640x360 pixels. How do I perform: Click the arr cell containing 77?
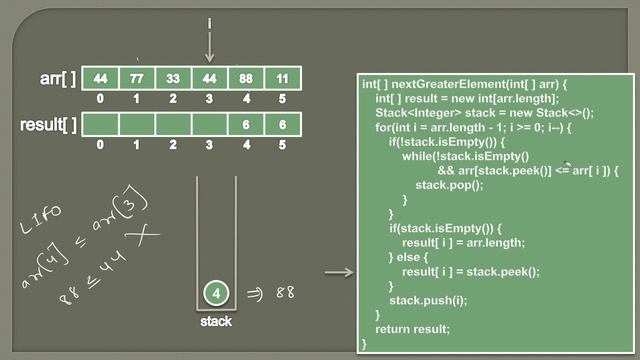(137, 78)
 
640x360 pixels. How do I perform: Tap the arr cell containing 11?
(282, 78)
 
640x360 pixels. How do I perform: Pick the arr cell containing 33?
(173, 78)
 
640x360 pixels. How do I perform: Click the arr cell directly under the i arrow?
(210, 78)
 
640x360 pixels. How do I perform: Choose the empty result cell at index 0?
(100, 125)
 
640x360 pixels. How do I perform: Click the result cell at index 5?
(282, 125)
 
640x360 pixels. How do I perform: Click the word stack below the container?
(215, 322)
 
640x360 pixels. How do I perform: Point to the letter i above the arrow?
(210, 22)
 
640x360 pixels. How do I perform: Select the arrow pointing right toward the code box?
(340, 272)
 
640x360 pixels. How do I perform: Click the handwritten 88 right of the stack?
(285, 293)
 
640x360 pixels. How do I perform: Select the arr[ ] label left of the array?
(52, 78)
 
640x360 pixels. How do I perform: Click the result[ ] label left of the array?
(46, 125)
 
